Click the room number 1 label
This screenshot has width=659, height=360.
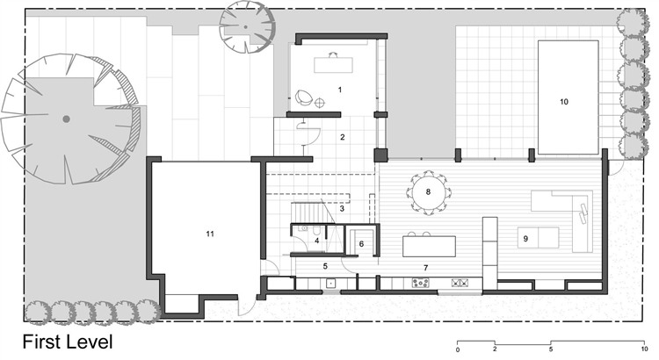pyautogui.click(x=339, y=90)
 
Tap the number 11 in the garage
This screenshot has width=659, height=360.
pyautogui.click(x=210, y=234)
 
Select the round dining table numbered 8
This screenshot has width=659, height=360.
pyautogui.click(x=428, y=192)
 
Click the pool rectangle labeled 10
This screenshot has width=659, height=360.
pyautogui.click(x=568, y=97)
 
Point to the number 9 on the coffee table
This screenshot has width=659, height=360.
pyautogui.click(x=525, y=239)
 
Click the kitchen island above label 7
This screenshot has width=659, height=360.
pyautogui.click(x=429, y=246)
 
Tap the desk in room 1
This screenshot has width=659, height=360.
pyautogui.click(x=333, y=65)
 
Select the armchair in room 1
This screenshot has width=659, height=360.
pyautogui.click(x=303, y=97)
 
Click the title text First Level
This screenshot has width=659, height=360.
pyautogui.click(x=68, y=342)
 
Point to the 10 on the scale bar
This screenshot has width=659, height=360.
pyautogui.click(x=644, y=349)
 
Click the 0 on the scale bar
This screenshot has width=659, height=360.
pyautogui.click(x=458, y=349)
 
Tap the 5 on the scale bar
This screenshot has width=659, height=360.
pyautogui.click(x=551, y=349)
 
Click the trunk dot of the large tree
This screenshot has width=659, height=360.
pyautogui.click(x=66, y=119)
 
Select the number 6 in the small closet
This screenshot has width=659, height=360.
pyautogui.click(x=361, y=243)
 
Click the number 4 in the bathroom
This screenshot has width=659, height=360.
pyautogui.click(x=317, y=241)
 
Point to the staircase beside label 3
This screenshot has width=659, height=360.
pyautogui.click(x=308, y=212)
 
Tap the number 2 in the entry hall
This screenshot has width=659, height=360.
pyautogui.click(x=343, y=137)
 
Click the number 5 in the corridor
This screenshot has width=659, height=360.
pyautogui.click(x=325, y=266)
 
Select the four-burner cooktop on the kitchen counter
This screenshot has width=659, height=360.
pyautogui.click(x=420, y=283)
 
